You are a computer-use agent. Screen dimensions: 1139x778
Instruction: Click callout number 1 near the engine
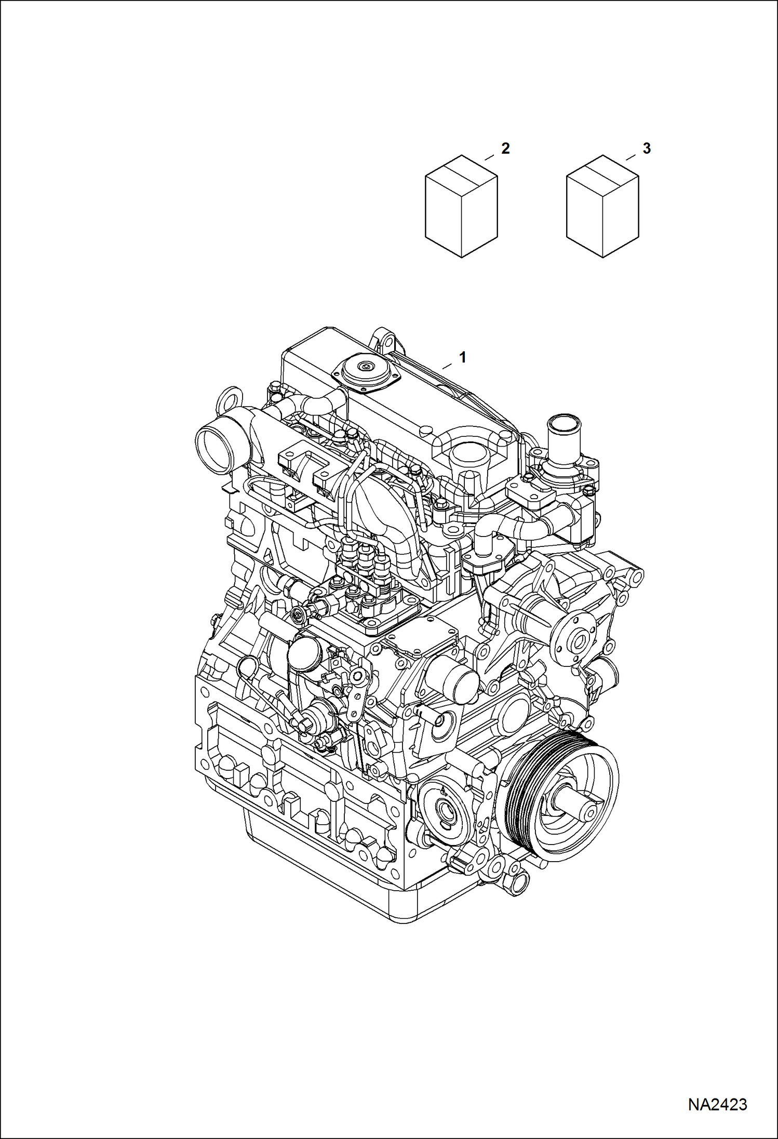pyautogui.click(x=462, y=357)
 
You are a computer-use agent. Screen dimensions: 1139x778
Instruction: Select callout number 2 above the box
pyautogui.click(x=505, y=149)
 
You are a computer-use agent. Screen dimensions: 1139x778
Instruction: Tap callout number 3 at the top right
pyautogui.click(x=646, y=149)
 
